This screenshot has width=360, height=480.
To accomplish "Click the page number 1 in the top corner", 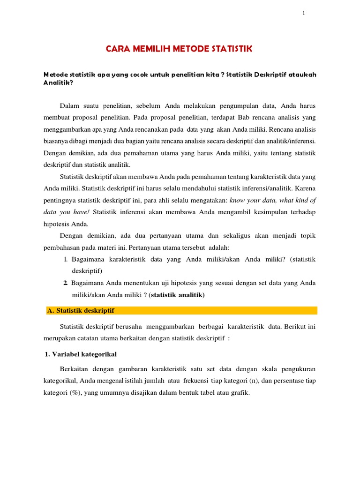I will [x=303, y=13].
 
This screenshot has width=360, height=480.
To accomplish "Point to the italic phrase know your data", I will [x=253, y=200].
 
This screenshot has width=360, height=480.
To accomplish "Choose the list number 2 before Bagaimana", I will [x=65, y=283].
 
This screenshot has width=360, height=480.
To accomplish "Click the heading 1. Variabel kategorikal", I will [x=81, y=354].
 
